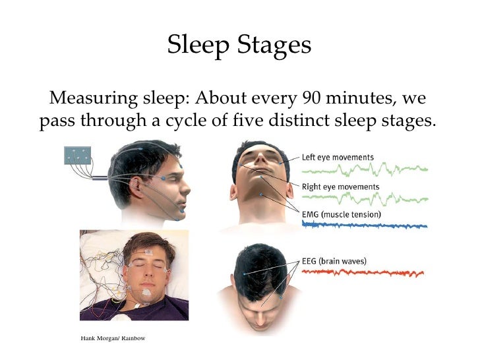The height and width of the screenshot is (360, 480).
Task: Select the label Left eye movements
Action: [338, 158]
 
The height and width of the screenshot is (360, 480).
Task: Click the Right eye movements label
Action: [340, 187]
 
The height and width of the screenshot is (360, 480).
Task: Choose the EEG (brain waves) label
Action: [334, 261]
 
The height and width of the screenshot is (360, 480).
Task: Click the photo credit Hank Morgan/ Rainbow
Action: [112, 338]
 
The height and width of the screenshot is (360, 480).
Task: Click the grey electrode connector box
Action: [76, 156]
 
